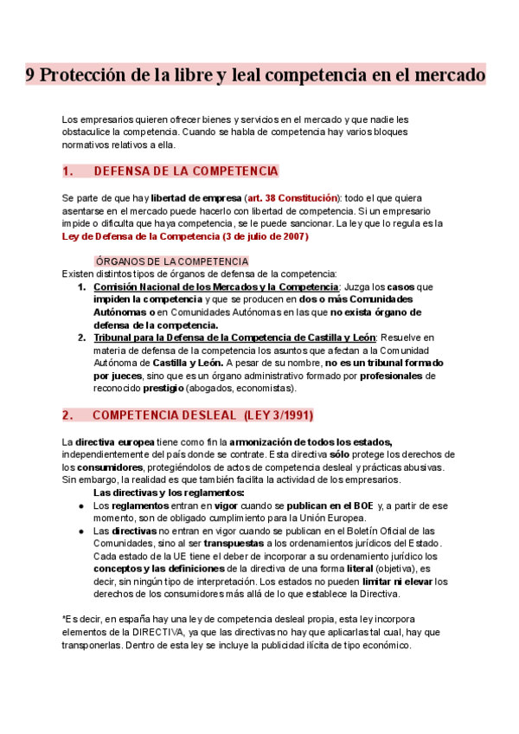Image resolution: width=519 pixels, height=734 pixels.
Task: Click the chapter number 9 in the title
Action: coord(29,75)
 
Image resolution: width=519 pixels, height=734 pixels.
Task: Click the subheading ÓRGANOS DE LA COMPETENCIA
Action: coord(171,261)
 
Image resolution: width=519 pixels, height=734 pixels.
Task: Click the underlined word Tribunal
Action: coord(115,338)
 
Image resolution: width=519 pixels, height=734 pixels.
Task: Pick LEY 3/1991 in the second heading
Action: coord(279,415)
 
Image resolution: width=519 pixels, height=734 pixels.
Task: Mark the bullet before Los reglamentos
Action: coord(80,505)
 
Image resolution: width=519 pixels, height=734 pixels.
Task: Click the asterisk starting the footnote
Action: coord(65,619)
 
